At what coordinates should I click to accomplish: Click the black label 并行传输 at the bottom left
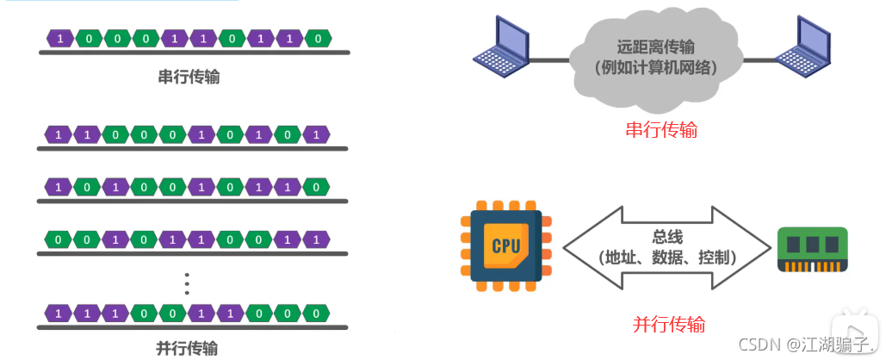(187, 348)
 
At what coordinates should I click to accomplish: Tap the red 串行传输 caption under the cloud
(661, 130)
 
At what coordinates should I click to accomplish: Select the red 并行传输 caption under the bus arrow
(669, 325)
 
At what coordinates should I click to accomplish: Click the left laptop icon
(501, 46)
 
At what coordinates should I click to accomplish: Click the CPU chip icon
(505, 245)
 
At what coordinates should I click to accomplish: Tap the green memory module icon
(813, 249)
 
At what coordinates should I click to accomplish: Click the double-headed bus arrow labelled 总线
(667, 246)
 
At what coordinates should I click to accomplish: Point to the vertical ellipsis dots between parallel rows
(188, 282)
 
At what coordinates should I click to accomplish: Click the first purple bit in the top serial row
(59, 39)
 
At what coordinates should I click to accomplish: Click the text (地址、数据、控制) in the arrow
(667, 257)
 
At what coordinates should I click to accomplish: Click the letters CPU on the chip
(505, 246)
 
